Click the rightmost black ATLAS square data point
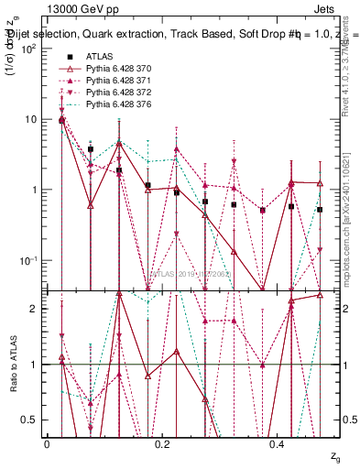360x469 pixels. click(x=321, y=210)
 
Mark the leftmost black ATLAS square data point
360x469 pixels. click(x=61, y=120)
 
